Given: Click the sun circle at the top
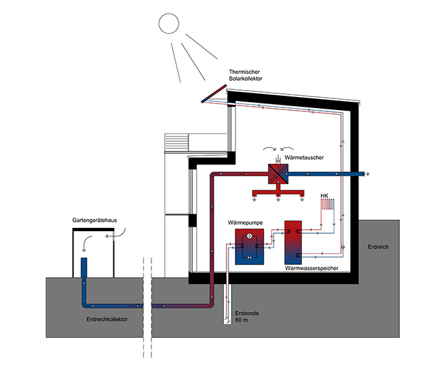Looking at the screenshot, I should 168,23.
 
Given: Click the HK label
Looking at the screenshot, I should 325,195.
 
